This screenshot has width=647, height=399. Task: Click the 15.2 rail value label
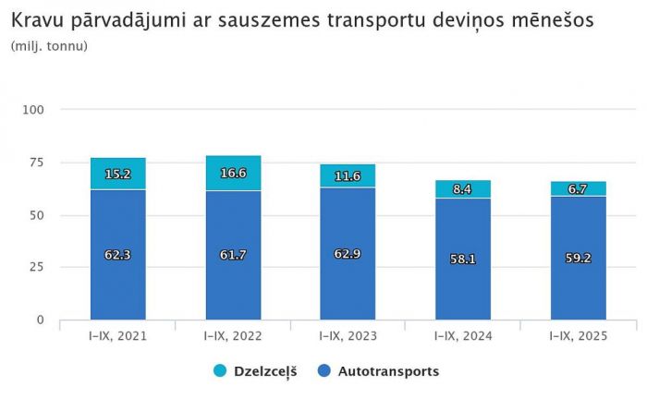pyautogui.click(x=117, y=174)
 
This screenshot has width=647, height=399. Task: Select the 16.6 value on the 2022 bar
pyautogui.click(x=233, y=172)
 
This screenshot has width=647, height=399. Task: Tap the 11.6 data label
pyautogui.click(x=348, y=176)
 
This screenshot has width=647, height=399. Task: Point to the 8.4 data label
pyautogui.click(x=463, y=190)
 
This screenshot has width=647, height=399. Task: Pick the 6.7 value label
pyautogui.click(x=579, y=189)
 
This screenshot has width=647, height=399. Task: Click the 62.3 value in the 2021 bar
pyautogui.click(x=117, y=253)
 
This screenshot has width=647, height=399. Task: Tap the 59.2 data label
pyautogui.click(x=579, y=259)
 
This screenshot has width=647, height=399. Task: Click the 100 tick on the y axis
pyautogui.click(x=34, y=110)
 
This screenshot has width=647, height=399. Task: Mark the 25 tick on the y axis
pyautogui.click(x=38, y=267)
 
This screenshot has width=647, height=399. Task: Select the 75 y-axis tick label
pyautogui.click(x=38, y=163)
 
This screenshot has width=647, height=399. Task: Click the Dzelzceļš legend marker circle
pyautogui.click(x=220, y=371)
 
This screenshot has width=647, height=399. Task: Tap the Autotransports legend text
pyautogui.click(x=388, y=371)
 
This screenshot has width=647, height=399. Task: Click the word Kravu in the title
pyautogui.click(x=36, y=19)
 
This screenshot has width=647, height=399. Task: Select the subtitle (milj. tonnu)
pyautogui.click(x=49, y=45)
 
